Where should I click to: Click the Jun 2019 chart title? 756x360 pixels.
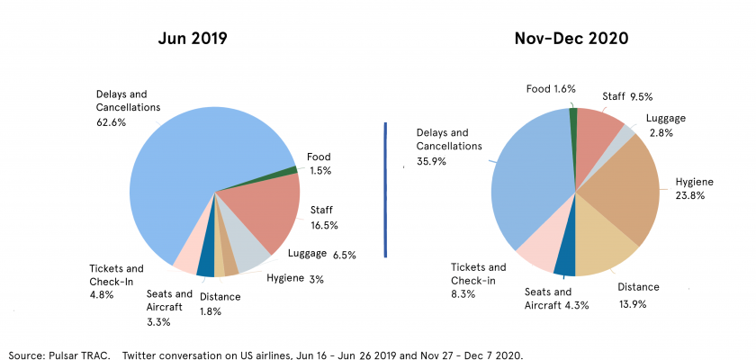coord(193,39)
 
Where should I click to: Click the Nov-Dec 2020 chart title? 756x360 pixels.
coord(571,39)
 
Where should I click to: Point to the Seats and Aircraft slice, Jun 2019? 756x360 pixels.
coord(206,266)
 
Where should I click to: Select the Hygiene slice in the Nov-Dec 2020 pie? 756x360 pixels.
coord(630,193)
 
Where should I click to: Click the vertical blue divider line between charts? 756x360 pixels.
coord(385,189)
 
